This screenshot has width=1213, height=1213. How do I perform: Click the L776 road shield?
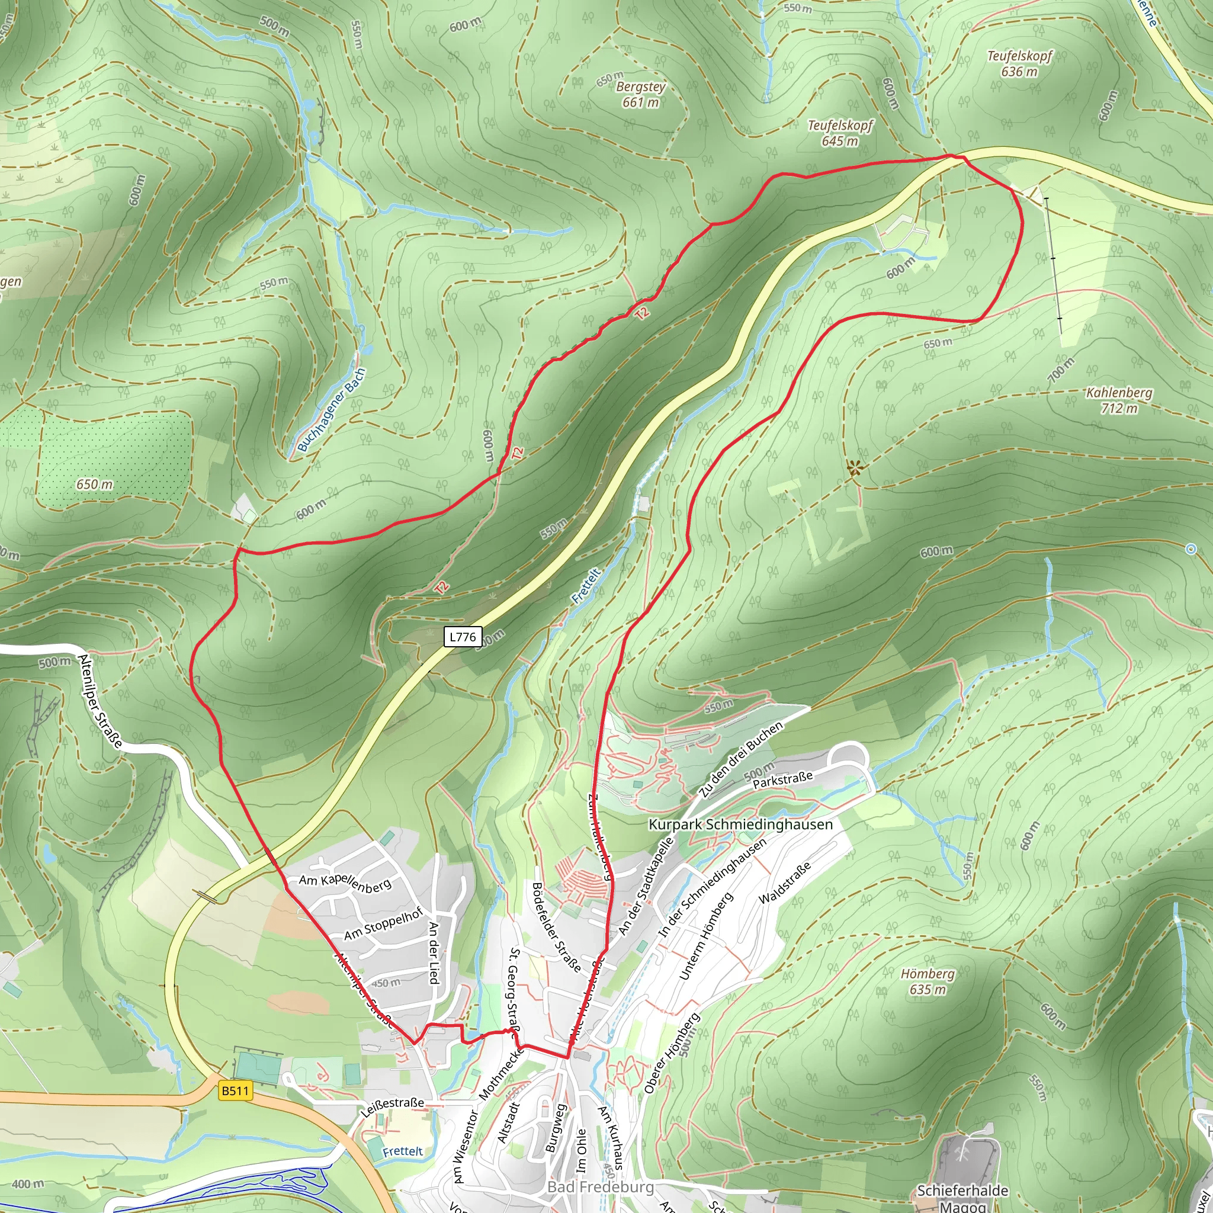click(463, 637)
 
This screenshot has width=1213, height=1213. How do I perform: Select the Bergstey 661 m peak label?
click(640, 94)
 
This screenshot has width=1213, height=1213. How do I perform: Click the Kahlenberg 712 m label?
click(1119, 400)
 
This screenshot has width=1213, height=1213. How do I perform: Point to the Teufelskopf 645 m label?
click(840, 133)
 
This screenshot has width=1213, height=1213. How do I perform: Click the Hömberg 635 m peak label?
click(928, 981)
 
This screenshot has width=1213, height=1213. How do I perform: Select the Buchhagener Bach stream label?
click(331, 409)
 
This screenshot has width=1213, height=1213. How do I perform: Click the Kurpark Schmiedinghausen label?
click(740, 824)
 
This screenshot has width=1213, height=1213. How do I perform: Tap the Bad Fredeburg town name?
click(600, 1186)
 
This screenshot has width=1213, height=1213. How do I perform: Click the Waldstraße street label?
click(785, 882)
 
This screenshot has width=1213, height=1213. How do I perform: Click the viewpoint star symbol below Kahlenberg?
click(855, 467)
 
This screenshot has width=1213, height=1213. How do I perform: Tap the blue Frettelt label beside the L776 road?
click(586, 586)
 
